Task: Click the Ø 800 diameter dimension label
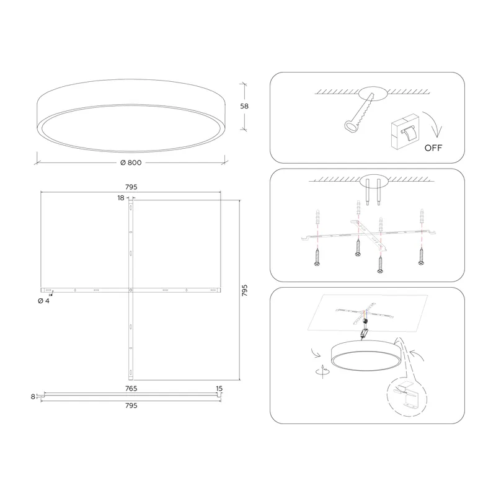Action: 131,162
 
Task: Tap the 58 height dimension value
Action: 244,106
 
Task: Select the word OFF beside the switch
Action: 433,148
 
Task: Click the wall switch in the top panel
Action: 405,131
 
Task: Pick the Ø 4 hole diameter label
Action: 43,301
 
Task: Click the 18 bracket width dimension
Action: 121,198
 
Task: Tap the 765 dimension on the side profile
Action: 131,389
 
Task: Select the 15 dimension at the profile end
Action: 219,389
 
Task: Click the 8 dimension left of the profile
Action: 33,396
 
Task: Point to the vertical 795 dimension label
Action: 244,290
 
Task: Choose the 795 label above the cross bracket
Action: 131,187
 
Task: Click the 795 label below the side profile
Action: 131,405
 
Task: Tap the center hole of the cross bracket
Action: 131,290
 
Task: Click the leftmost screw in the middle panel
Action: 317,257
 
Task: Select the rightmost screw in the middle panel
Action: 421,256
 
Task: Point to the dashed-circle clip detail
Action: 407,395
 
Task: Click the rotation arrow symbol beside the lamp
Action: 322,371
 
